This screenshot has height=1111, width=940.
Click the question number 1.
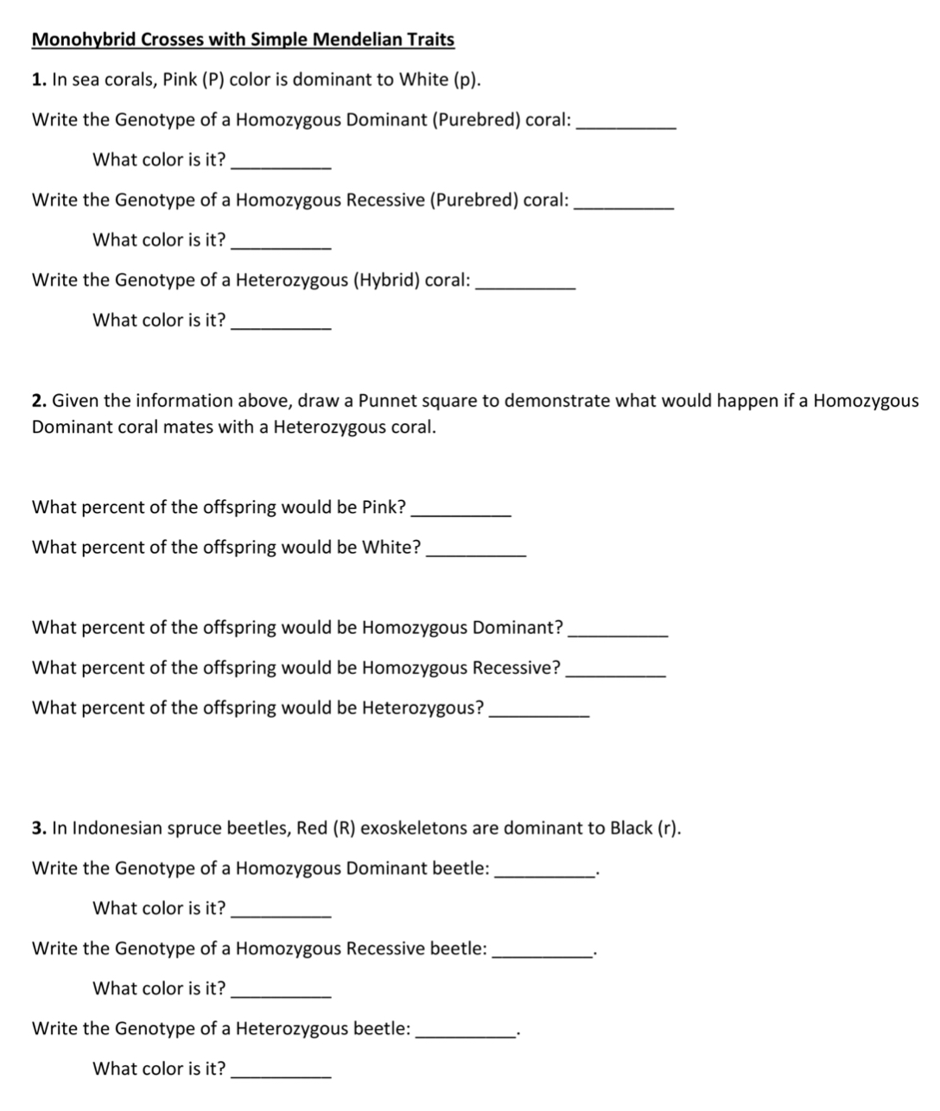(x=37, y=80)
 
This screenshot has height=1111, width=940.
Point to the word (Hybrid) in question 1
(x=387, y=280)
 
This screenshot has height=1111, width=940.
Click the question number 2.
(x=37, y=401)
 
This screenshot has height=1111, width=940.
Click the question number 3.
(x=37, y=828)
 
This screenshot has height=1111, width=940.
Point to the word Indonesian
(x=115, y=828)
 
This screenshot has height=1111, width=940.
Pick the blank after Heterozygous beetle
(x=466, y=1034)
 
